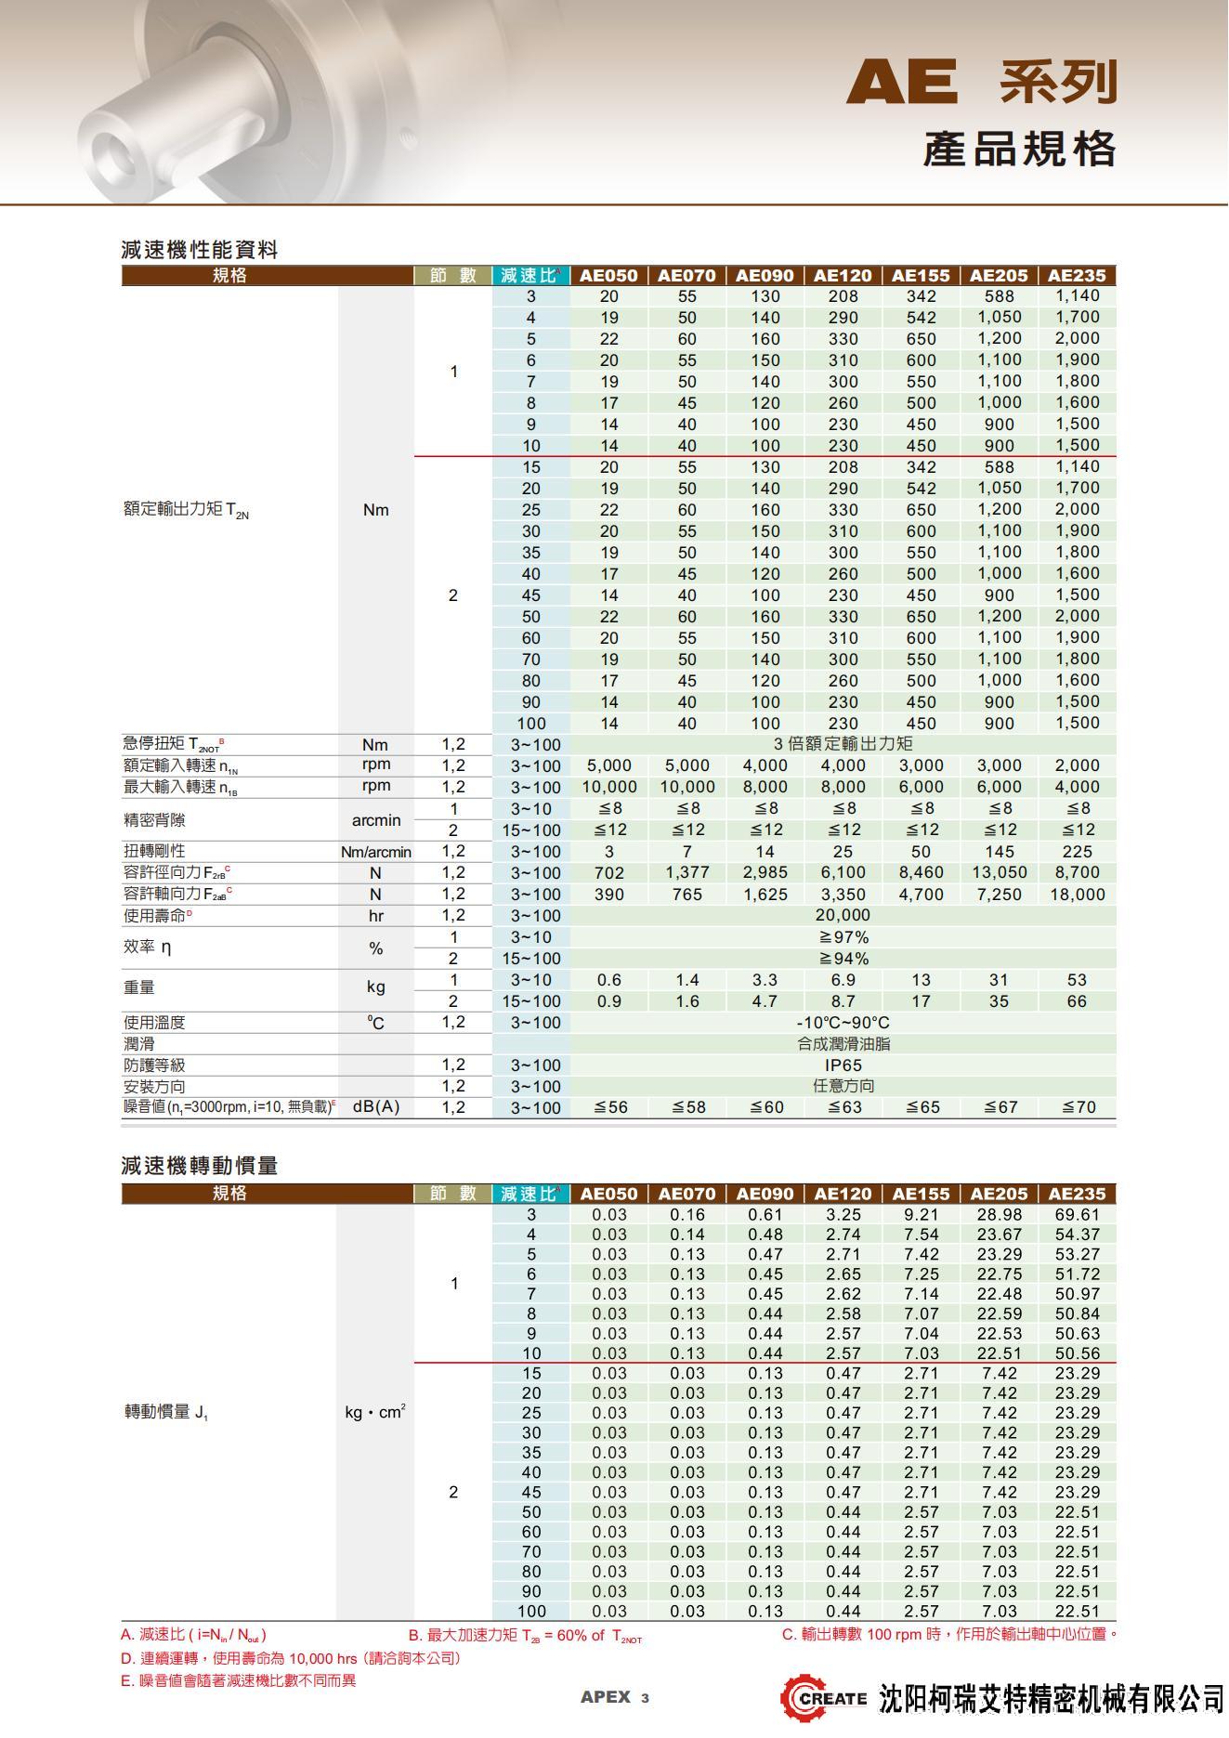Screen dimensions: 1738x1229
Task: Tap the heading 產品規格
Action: pyautogui.click(x=1019, y=150)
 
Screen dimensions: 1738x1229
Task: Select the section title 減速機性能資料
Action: pyautogui.click(x=199, y=249)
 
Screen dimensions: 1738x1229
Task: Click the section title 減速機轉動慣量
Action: pyautogui.click(x=199, y=1165)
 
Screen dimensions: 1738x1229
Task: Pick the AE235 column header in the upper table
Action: pyautogui.click(x=1077, y=275)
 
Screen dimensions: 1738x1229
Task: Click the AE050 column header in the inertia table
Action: pyautogui.click(x=608, y=1194)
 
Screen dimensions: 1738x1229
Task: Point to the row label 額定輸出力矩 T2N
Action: pyautogui.click(x=186, y=510)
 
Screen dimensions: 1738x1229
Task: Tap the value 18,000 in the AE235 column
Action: pyautogui.click(x=1077, y=895)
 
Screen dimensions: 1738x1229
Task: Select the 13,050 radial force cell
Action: pyautogui.click(x=999, y=873)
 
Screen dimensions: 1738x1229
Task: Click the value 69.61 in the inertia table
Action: pyautogui.click(x=1077, y=1215)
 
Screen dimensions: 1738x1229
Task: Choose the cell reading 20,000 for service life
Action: pyautogui.click(x=843, y=916)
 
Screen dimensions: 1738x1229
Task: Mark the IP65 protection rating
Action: pyautogui.click(x=843, y=1065)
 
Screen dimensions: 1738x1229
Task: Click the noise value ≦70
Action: pyautogui.click(x=1078, y=1107)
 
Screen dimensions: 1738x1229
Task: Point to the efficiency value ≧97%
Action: pyautogui.click(x=843, y=937)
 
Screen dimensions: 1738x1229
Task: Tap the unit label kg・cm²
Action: pyautogui.click(x=374, y=1412)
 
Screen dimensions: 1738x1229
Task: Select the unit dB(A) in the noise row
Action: pyautogui.click(x=375, y=1107)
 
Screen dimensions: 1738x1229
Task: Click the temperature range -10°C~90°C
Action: pyautogui.click(x=843, y=1023)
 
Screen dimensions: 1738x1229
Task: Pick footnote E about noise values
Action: pyautogui.click(x=238, y=1680)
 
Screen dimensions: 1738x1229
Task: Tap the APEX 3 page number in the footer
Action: pyautogui.click(x=614, y=1697)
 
